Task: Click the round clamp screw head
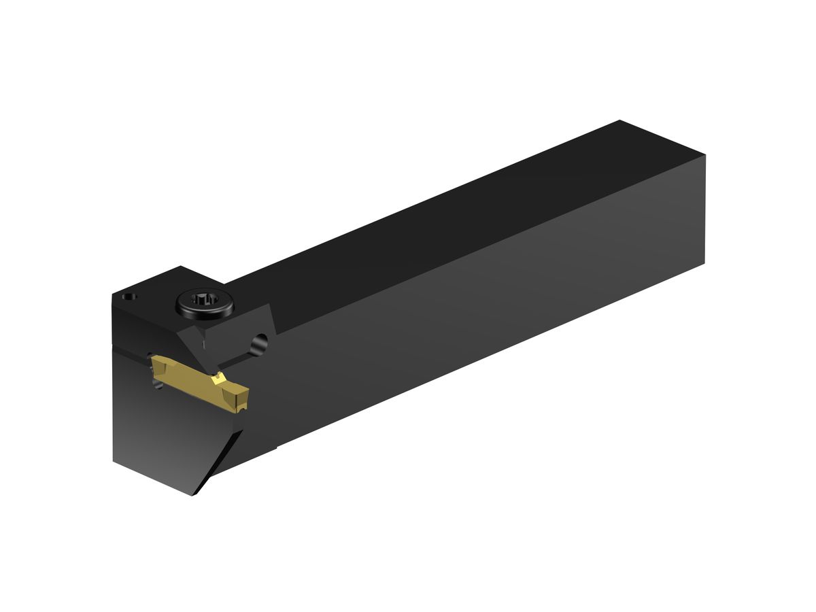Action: click(x=205, y=303)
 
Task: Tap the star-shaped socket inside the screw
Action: click(x=204, y=299)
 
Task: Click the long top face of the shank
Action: click(x=442, y=224)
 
